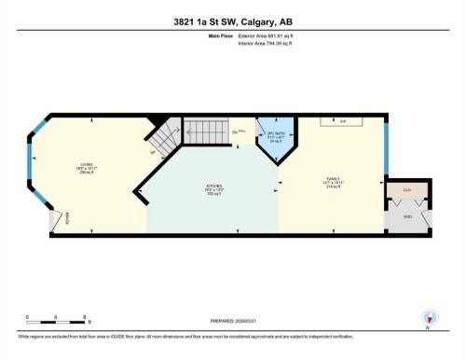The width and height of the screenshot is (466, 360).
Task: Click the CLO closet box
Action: (408, 191)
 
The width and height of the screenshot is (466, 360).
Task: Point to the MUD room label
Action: (407, 216)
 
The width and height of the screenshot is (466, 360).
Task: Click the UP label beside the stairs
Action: (155, 152)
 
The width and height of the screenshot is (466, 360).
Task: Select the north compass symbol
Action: (427, 317)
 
